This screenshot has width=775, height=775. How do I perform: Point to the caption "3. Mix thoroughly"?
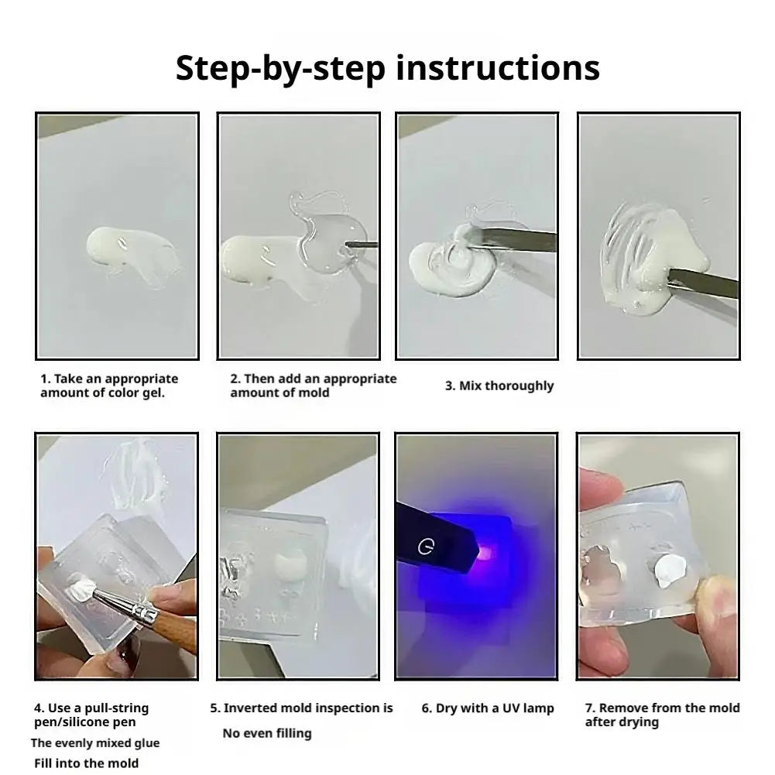(x=499, y=386)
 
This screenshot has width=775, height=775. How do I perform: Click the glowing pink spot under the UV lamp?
(x=486, y=552)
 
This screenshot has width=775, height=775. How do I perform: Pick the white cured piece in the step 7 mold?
(x=667, y=571)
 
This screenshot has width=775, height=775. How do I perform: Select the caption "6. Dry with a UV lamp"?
(x=487, y=708)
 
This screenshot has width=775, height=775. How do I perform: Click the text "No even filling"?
(x=267, y=733)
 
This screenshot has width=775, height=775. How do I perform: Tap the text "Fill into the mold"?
(x=87, y=763)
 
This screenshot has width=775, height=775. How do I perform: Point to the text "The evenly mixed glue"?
(x=95, y=743)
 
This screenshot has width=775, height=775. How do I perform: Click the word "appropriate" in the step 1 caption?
(x=142, y=379)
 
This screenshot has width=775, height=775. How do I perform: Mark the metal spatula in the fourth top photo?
(x=703, y=282)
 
